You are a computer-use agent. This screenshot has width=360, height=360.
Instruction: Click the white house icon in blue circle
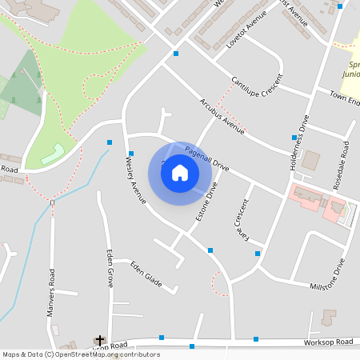(180, 173)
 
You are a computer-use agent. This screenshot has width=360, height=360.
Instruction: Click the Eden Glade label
(146, 272)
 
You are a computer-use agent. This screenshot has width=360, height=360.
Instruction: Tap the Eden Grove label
(110, 269)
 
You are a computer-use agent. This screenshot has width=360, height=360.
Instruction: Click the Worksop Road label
(328, 342)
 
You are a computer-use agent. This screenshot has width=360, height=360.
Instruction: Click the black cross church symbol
(100, 340)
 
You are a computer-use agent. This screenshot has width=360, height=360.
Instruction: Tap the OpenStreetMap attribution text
(80, 354)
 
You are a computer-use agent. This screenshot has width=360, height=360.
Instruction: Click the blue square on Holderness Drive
(294, 138)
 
